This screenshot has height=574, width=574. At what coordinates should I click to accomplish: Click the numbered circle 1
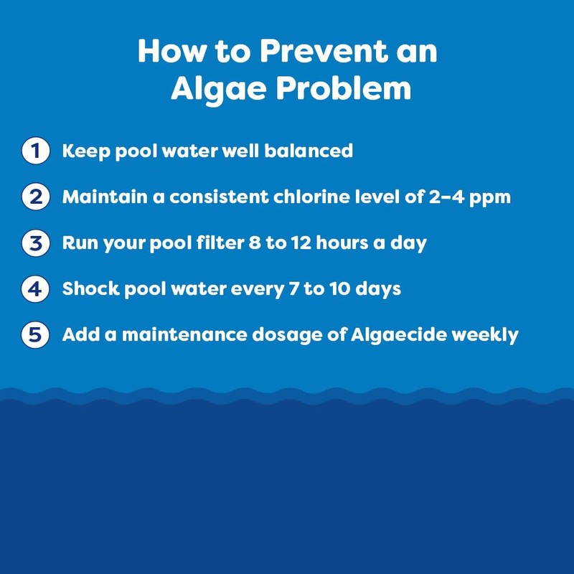pos(34,151)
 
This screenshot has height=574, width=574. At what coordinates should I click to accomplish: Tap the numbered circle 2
pos(34,197)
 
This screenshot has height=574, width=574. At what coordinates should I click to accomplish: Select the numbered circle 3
pos(34,243)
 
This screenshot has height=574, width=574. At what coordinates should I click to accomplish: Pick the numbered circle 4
pos(34,289)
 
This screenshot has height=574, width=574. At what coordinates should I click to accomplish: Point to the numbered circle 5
pos(34,335)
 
